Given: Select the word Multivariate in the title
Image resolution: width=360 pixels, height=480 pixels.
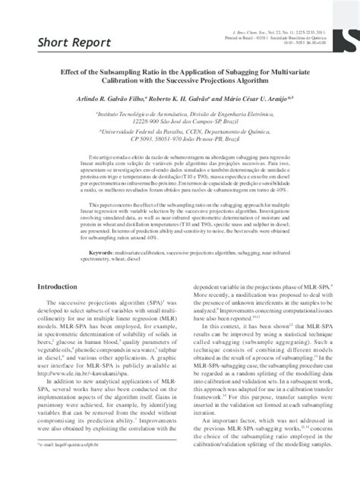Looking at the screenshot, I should pos(298,77).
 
